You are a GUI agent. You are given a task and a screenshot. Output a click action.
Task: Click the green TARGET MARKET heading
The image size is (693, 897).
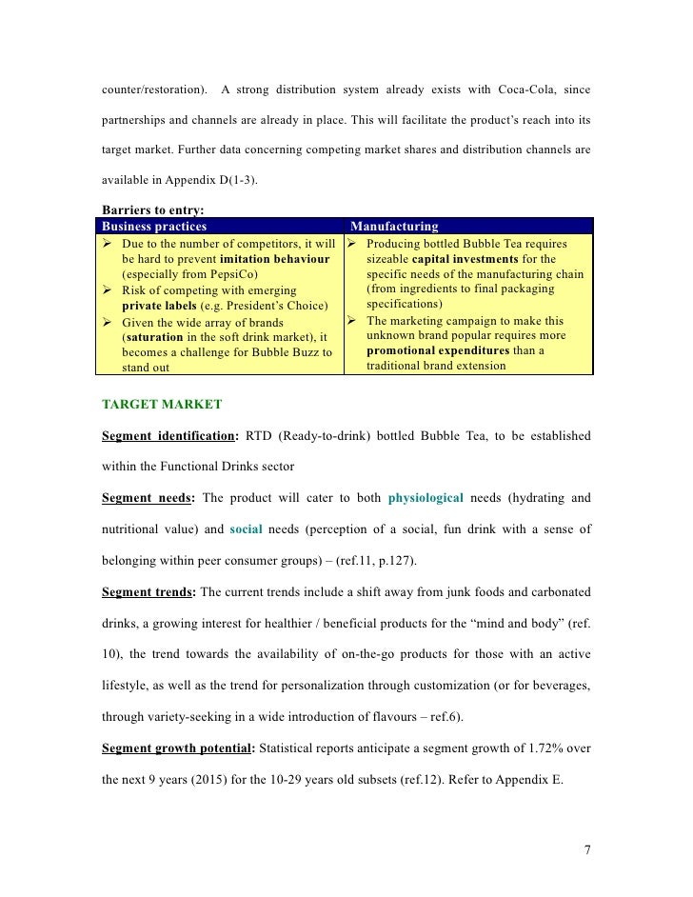(x=162, y=404)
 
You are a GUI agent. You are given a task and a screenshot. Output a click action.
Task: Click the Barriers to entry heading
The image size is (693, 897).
(x=153, y=210)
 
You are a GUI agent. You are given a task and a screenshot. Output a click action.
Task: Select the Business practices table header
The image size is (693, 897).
(x=154, y=227)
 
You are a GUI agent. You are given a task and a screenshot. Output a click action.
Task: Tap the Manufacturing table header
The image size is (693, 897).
(x=395, y=227)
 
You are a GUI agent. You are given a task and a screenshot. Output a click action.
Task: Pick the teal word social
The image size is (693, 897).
(x=247, y=528)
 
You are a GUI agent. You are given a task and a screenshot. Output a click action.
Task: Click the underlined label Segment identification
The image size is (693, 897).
(x=168, y=436)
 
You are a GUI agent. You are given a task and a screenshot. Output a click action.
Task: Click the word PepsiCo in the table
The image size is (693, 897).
(x=222, y=273)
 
